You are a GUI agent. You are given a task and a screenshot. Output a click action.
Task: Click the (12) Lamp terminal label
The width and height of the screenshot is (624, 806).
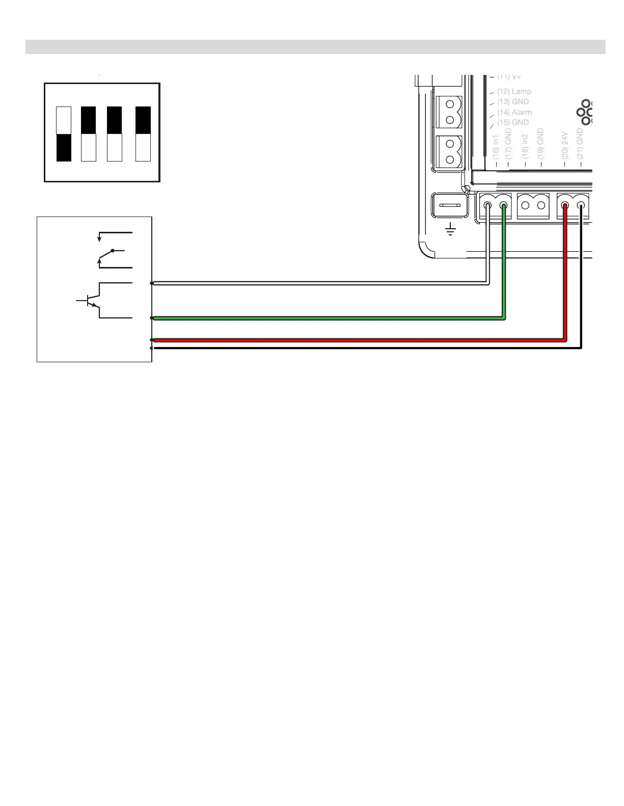pyautogui.click(x=514, y=92)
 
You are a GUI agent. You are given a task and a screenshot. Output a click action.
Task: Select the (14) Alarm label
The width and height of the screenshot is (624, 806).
pyautogui.click(x=514, y=112)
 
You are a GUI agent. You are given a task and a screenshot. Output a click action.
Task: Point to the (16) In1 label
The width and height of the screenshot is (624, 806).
pyautogui.click(x=496, y=147)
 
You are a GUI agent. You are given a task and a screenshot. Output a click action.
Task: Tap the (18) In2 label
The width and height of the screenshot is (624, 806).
pyautogui.click(x=526, y=147)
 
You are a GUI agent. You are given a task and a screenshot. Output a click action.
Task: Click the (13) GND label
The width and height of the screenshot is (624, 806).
pyautogui.click(x=512, y=102)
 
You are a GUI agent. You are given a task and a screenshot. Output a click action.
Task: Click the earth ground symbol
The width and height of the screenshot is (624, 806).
pyautogui.click(x=450, y=230)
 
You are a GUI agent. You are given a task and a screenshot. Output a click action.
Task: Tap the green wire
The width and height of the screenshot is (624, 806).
pyautogui.click(x=326, y=318)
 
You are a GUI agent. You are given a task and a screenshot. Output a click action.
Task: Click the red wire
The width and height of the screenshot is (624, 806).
pyautogui.click(x=357, y=340)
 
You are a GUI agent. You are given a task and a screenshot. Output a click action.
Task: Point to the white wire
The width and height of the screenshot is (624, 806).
pyautogui.click(x=321, y=283)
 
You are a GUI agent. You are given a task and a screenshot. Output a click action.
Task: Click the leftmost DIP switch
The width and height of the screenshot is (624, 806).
pyautogui.click(x=64, y=134)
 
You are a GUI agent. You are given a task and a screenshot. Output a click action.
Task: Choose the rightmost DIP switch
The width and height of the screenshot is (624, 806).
pyautogui.click(x=143, y=134)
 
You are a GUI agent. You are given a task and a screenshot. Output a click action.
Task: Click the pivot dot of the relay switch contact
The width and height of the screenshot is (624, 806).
pyautogui.click(x=113, y=251)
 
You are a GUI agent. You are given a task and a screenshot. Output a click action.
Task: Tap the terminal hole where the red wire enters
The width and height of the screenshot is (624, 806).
pyautogui.click(x=565, y=206)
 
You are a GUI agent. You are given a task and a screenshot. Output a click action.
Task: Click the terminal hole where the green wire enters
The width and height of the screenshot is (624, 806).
pyautogui.click(x=504, y=206)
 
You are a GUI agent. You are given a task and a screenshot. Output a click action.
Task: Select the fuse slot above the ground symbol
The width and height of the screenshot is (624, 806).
pyautogui.click(x=450, y=206)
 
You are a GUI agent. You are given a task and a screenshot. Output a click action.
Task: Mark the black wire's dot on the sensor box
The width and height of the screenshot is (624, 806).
pyautogui.click(x=152, y=348)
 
